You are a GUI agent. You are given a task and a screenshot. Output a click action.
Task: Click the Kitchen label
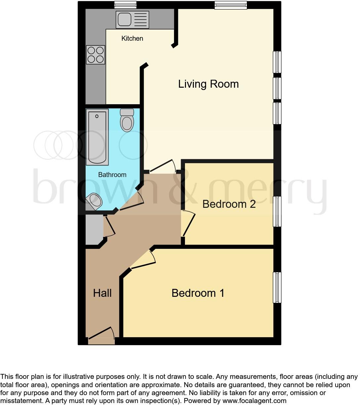point(132,38)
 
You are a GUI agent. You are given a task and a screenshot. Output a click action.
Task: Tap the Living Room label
point(208,84)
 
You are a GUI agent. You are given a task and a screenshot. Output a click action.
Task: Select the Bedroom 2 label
point(229,204)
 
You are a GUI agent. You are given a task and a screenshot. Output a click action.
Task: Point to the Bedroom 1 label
point(198,293)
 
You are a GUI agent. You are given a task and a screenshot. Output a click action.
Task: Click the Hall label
point(102,293)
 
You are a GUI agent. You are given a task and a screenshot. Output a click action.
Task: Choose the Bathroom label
point(112,175)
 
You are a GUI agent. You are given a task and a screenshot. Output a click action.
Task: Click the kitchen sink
point(132,19)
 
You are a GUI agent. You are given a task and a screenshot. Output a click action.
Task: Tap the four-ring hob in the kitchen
point(96,55)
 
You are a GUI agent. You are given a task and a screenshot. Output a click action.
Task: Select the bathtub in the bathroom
point(97,137)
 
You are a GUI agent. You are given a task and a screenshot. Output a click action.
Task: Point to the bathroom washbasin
point(94,202)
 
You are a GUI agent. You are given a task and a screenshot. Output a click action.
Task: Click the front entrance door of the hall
point(101,334)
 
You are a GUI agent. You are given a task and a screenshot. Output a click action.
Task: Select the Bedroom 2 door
point(188,224)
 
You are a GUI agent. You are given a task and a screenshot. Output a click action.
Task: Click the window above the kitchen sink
point(125,5)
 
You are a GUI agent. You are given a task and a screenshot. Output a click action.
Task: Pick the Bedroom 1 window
point(277,287)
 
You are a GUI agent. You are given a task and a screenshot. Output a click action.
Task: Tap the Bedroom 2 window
point(277,211)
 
